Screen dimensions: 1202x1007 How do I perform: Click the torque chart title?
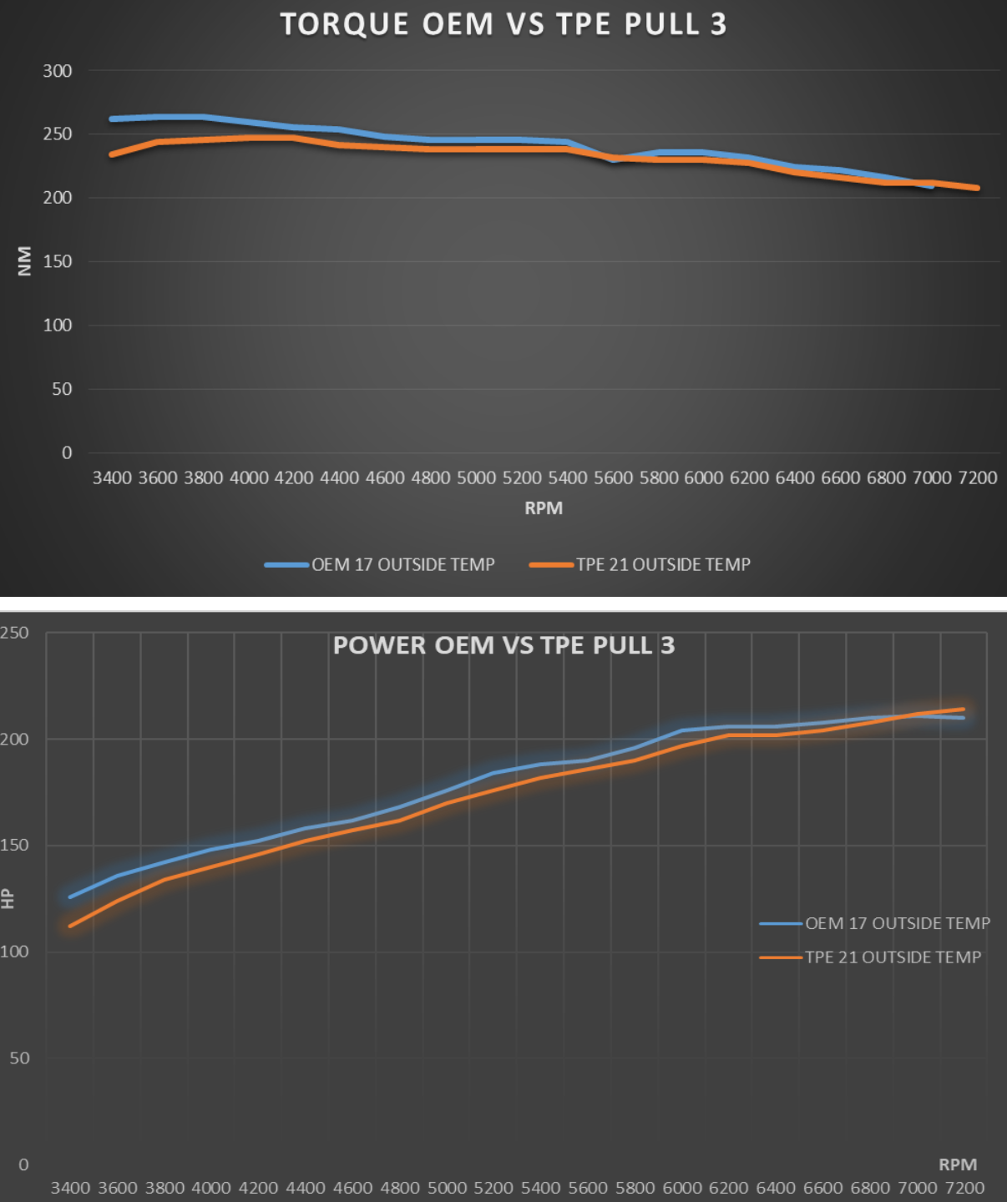pyautogui.click(x=503, y=24)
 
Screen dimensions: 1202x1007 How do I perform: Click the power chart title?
pyautogui.click(x=503, y=645)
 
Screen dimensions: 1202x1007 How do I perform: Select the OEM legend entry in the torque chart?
pyautogui.click(x=402, y=565)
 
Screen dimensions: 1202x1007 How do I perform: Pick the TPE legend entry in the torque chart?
pyautogui.click(x=663, y=565)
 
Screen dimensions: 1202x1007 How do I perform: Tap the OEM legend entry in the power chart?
pyautogui.click(x=897, y=923)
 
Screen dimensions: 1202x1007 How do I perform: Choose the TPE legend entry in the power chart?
pyautogui.click(x=893, y=957)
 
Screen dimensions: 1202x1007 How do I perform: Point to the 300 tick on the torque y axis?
pyautogui.click(x=58, y=71)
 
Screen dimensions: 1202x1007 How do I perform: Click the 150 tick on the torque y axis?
pyautogui.click(x=58, y=261)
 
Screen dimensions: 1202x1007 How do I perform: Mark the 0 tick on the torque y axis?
pyautogui.click(x=67, y=452)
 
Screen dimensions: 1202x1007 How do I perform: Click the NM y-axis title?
pyautogui.click(x=24, y=260)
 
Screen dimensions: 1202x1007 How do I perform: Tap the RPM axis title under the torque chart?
pyautogui.click(x=544, y=508)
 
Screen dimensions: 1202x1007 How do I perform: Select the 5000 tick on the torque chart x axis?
pyautogui.click(x=476, y=477)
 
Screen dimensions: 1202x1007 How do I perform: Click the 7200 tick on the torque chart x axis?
pyautogui.click(x=978, y=477)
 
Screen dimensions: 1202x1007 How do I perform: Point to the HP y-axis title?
pyautogui.click(x=8, y=898)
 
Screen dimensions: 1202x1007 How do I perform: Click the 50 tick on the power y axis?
pyautogui.click(x=19, y=1058)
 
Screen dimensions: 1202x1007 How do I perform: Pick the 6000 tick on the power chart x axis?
pyautogui.click(x=682, y=1187)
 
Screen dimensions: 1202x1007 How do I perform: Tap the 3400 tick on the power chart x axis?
pyautogui.click(x=70, y=1187)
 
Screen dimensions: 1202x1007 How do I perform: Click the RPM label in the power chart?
pyautogui.click(x=958, y=1164)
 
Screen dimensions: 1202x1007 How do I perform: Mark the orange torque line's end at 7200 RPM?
pyautogui.click(x=977, y=188)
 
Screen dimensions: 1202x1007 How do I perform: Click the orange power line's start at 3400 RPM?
pyautogui.click(x=70, y=926)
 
